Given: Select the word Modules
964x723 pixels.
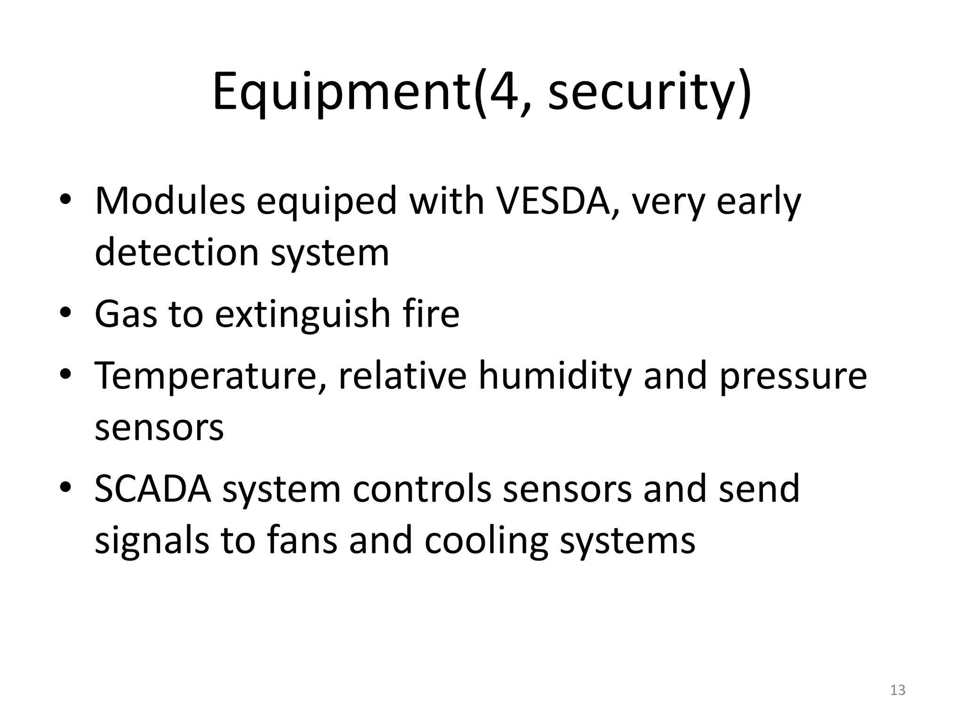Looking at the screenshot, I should tap(170, 201).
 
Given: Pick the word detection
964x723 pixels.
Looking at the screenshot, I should tap(177, 252).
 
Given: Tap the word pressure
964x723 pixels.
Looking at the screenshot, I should tap(793, 377).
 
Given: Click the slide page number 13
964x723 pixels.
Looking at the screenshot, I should tap(898, 690).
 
